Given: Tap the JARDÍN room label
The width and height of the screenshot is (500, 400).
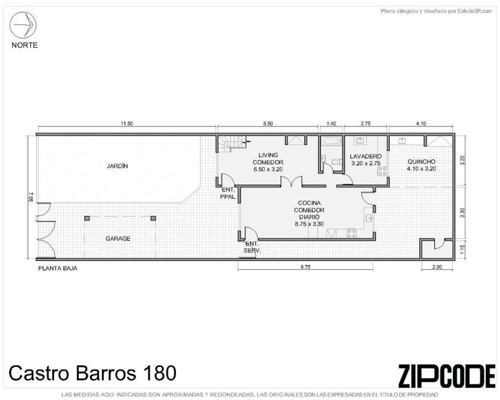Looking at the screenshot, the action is click(118, 166).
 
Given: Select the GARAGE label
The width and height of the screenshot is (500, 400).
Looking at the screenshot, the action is click(118, 239).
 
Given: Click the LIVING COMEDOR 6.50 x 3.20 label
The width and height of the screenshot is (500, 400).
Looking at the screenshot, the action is click(268, 162).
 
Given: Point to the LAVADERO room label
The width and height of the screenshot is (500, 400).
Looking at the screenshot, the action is click(366, 156).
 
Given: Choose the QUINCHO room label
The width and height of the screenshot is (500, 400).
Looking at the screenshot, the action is click(421, 162).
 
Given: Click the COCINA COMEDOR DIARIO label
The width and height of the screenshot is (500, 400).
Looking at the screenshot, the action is click(309, 213).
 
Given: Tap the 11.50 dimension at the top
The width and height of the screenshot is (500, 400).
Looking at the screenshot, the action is click(126, 124).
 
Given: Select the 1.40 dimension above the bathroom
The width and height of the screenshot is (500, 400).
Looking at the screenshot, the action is click(331, 124).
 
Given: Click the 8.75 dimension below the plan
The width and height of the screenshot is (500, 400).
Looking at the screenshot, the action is click(305, 267).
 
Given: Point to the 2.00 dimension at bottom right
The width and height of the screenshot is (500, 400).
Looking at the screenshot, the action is click(437, 267).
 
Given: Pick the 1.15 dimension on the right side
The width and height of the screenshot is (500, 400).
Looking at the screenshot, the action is click(462, 248).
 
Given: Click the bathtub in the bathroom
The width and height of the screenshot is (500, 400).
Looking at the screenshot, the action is click(332, 141).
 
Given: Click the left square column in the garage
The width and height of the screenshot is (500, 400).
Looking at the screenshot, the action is click(87, 218).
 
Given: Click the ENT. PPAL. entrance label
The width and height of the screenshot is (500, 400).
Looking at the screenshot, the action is click(229, 193).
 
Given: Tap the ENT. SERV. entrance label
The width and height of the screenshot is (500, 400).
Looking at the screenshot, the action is click(252, 247).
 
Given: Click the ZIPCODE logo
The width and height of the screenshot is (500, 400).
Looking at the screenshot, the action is click(447, 376).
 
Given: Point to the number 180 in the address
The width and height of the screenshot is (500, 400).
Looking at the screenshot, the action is click(159, 373).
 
